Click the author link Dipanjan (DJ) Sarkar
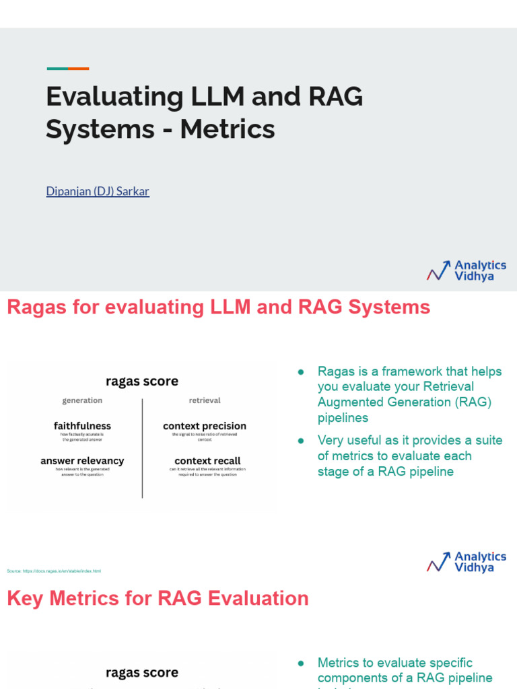[98, 191]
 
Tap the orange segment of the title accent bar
[79, 69]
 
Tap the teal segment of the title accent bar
[57, 69]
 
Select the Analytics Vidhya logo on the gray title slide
[467, 270]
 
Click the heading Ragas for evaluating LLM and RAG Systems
[219, 307]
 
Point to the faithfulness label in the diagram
[82, 426]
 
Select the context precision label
[205, 426]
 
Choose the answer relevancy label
[82, 461]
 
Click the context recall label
[207, 461]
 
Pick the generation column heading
[82, 400]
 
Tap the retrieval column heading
[205, 400]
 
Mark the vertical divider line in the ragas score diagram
[142, 447]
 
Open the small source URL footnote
[54, 571]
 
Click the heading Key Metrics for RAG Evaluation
[158, 598]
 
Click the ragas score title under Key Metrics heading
[142, 673]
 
